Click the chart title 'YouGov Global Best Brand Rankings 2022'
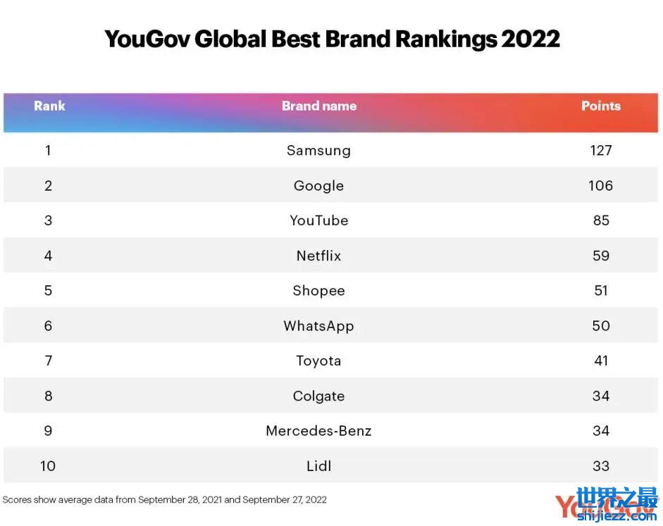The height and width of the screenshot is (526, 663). coord(332,39)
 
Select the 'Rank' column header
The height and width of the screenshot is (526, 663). coord(49,106)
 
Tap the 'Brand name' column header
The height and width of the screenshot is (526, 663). coord(319,106)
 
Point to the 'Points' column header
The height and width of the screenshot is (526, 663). coord(600,106)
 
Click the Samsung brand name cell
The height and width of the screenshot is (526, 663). coord(318,150)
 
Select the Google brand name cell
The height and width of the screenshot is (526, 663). coord(318,186)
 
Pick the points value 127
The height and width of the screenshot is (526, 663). coord(601,150)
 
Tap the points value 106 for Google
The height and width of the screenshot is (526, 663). coord(601,185)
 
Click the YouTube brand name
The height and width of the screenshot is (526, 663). coord(318,220)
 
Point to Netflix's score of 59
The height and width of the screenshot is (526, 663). coord(601,256)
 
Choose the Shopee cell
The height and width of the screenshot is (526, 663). coord(318,291)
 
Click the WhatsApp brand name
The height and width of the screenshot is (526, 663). coord(318,326)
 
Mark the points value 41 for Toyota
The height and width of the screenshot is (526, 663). coord(601,361)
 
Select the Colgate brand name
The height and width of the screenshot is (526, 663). coord(318,396)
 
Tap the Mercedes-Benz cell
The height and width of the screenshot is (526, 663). coord(318,431)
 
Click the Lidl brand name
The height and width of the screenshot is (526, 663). coord(318,466)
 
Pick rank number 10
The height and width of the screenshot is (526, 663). coord(48,466)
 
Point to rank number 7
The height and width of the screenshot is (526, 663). coord(48,361)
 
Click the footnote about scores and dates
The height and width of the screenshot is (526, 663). coord(165,500)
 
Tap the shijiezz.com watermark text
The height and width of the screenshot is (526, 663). coord(616,517)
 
